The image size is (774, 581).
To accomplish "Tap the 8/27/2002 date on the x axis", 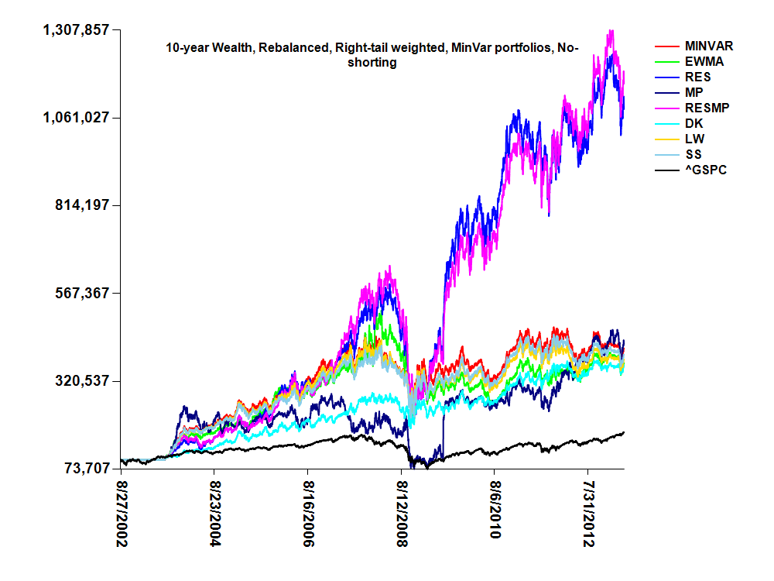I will [x=122, y=512].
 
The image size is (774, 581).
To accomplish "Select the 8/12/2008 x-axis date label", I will [x=402, y=512].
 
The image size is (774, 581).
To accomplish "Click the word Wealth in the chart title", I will [x=232, y=48].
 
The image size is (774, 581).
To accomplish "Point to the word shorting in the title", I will [x=372, y=63].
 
